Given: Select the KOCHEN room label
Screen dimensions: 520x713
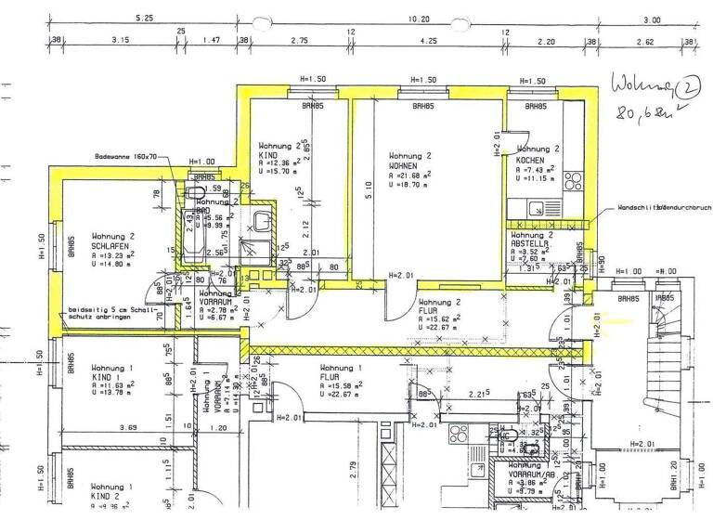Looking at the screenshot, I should pos(530,160).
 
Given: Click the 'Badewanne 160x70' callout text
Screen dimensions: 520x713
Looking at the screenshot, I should pos(126,157).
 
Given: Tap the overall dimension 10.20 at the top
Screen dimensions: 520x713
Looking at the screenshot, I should pos(419,18).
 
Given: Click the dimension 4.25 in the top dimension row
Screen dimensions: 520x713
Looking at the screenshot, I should pos(428,42).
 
